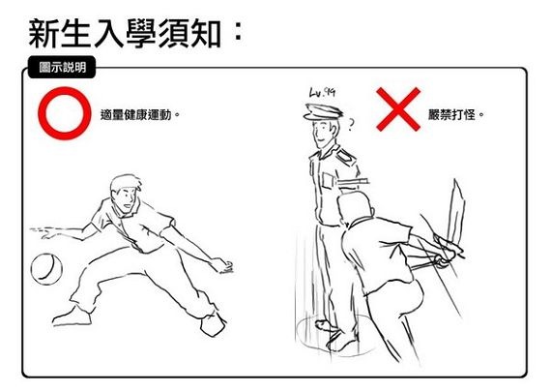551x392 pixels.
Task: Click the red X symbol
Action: click(398, 109)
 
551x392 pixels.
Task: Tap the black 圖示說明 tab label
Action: click(62, 67)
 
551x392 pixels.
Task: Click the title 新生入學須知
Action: click(125, 34)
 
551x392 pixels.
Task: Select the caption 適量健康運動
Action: click(135, 115)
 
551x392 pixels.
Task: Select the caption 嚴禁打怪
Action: click(451, 115)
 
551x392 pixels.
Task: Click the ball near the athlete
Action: click(46, 269)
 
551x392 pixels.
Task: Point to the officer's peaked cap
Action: click(323, 111)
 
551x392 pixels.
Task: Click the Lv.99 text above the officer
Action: click(322, 92)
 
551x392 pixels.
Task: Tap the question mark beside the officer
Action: click(351, 125)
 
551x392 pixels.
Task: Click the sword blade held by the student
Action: click(457, 212)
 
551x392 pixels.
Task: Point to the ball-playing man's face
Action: click(126, 199)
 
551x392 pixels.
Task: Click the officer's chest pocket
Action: click(327, 181)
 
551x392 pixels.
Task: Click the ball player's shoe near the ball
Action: click(72, 317)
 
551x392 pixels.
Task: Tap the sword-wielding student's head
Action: click(356, 207)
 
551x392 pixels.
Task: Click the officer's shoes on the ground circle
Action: click(336, 336)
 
